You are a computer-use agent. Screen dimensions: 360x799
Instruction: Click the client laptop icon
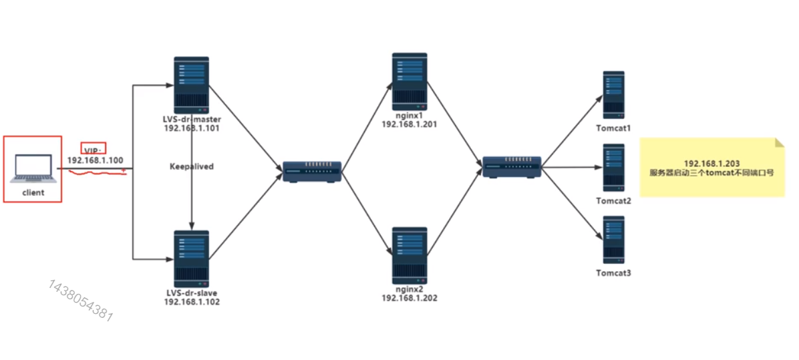tap(33, 168)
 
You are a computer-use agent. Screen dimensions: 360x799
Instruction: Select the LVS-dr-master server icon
tap(192, 85)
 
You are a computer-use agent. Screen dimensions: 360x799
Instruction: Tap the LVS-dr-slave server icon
tap(192, 258)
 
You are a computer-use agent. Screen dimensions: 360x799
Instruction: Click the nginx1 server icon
tap(410, 81)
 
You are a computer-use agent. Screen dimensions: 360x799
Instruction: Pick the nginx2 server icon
tap(410, 255)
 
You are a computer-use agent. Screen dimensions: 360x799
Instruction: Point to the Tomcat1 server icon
tap(613, 96)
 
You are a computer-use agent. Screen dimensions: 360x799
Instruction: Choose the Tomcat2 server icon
tap(613, 168)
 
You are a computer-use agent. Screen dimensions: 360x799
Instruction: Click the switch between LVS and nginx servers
tap(312, 171)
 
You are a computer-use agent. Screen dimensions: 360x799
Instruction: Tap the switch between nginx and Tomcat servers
tap(512, 166)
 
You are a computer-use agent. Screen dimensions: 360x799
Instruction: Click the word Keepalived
tap(192, 166)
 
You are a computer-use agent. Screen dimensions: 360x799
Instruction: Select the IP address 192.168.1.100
tap(95, 161)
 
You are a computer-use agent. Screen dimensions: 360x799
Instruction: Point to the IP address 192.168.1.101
tap(192, 128)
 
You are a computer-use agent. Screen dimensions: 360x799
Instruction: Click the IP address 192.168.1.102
tap(192, 302)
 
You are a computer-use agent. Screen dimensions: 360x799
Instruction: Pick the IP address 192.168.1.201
tap(410, 124)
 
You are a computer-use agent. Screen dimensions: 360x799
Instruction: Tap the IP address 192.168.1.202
tap(410, 298)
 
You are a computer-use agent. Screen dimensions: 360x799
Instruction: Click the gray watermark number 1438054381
tap(80, 301)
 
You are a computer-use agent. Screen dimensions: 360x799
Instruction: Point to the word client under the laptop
tap(33, 192)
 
